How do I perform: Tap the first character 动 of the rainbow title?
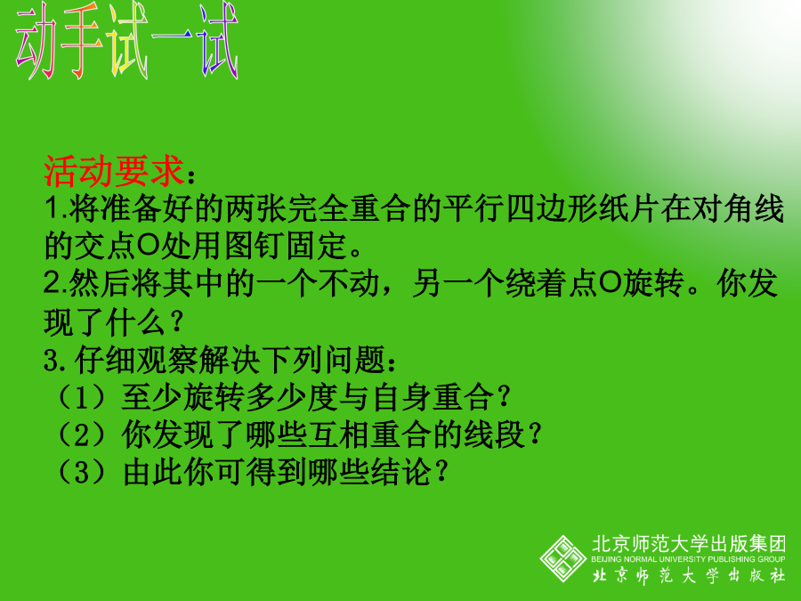[36, 41]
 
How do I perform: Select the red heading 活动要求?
[113, 171]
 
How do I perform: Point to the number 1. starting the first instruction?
[56, 208]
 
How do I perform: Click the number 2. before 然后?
[56, 284]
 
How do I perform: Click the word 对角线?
[738, 208]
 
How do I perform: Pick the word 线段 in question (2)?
[495, 435]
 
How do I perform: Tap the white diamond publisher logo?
[563, 558]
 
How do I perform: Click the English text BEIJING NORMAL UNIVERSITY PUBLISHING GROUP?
[688, 559]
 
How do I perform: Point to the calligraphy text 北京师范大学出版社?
[688, 575]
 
